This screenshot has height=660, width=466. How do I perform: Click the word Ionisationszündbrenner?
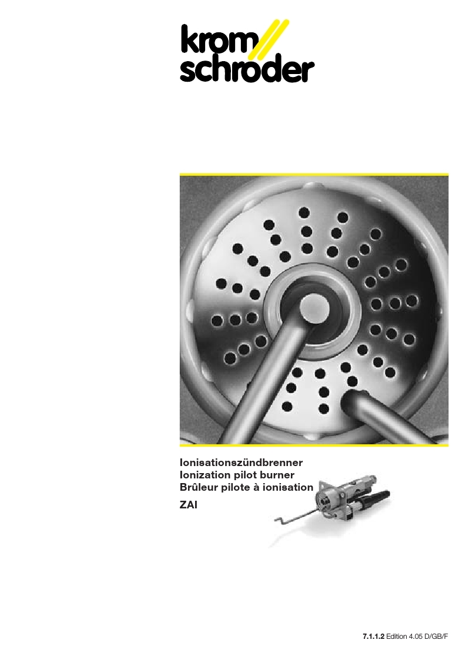pyautogui.click(x=241, y=463)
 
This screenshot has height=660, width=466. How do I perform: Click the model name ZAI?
pyautogui.click(x=188, y=505)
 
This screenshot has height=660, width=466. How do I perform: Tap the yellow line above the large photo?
pyautogui.click(x=314, y=175)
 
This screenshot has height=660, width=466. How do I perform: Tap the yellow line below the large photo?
pyautogui.click(x=314, y=444)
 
